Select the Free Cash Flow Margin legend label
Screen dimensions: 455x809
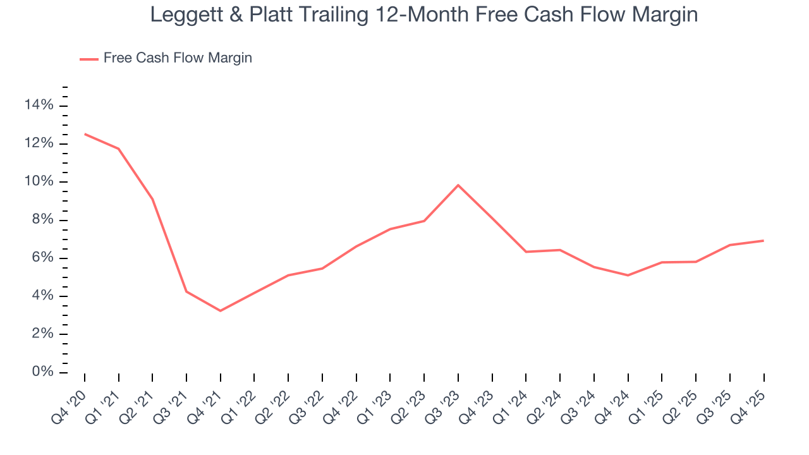point(178,58)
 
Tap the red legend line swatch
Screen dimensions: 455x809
point(88,59)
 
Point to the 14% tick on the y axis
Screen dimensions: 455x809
point(39,106)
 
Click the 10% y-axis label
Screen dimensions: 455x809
point(39,182)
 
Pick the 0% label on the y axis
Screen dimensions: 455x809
point(42,372)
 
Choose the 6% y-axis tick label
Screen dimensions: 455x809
point(42,258)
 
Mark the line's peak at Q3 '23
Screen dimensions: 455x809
point(458,185)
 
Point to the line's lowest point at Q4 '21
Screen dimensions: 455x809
point(221,311)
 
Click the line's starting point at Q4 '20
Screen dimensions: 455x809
point(85,134)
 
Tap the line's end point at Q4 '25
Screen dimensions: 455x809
point(763,241)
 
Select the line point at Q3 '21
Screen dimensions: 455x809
point(186,291)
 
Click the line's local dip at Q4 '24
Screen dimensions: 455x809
point(628,276)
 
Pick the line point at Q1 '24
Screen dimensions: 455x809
point(526,252)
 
